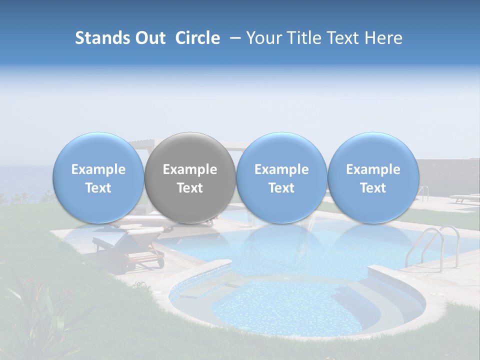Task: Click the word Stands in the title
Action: pyautogui.click(x=102, y=38)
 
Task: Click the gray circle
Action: pyautogui.click(x=190, y=178)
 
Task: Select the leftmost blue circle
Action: pyautogui.click(x=98, y=178)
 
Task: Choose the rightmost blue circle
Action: pyautogui.click(x=373, y=178)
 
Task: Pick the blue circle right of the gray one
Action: pyautogui.click(x=281, y=178)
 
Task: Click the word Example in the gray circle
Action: pyautogui.click(x=190, y=169)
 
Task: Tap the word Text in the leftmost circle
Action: pyautogui.click(x=98, y=188)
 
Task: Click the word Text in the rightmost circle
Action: pyautogui.click(x=373, y=188)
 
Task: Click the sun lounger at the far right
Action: pyautogui.click(x=464, y=198)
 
